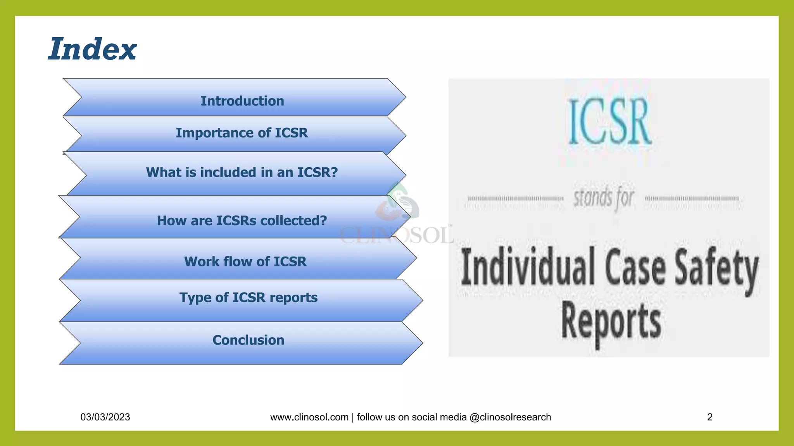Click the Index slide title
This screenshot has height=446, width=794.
tap(92, 49)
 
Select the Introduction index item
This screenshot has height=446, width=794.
tap(242, 101)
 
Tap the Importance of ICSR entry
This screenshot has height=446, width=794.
tap(242, 133)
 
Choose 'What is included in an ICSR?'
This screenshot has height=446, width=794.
tap(242, 172)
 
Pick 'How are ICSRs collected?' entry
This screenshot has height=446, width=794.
tap(242, 221)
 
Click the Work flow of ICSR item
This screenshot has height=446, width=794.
tap(245, 262)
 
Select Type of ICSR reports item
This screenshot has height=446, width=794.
tap(248, 298)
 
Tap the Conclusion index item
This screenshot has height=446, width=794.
tap(248, 340)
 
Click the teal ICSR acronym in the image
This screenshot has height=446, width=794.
tap(609, 122)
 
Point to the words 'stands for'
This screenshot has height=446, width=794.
tap(604, 198)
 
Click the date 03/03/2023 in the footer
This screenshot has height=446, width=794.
tap(105, 417)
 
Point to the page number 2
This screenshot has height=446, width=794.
tap(709, 417)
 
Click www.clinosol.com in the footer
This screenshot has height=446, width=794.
tap(309, 417)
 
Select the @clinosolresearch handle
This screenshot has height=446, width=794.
tap(510, 417)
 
